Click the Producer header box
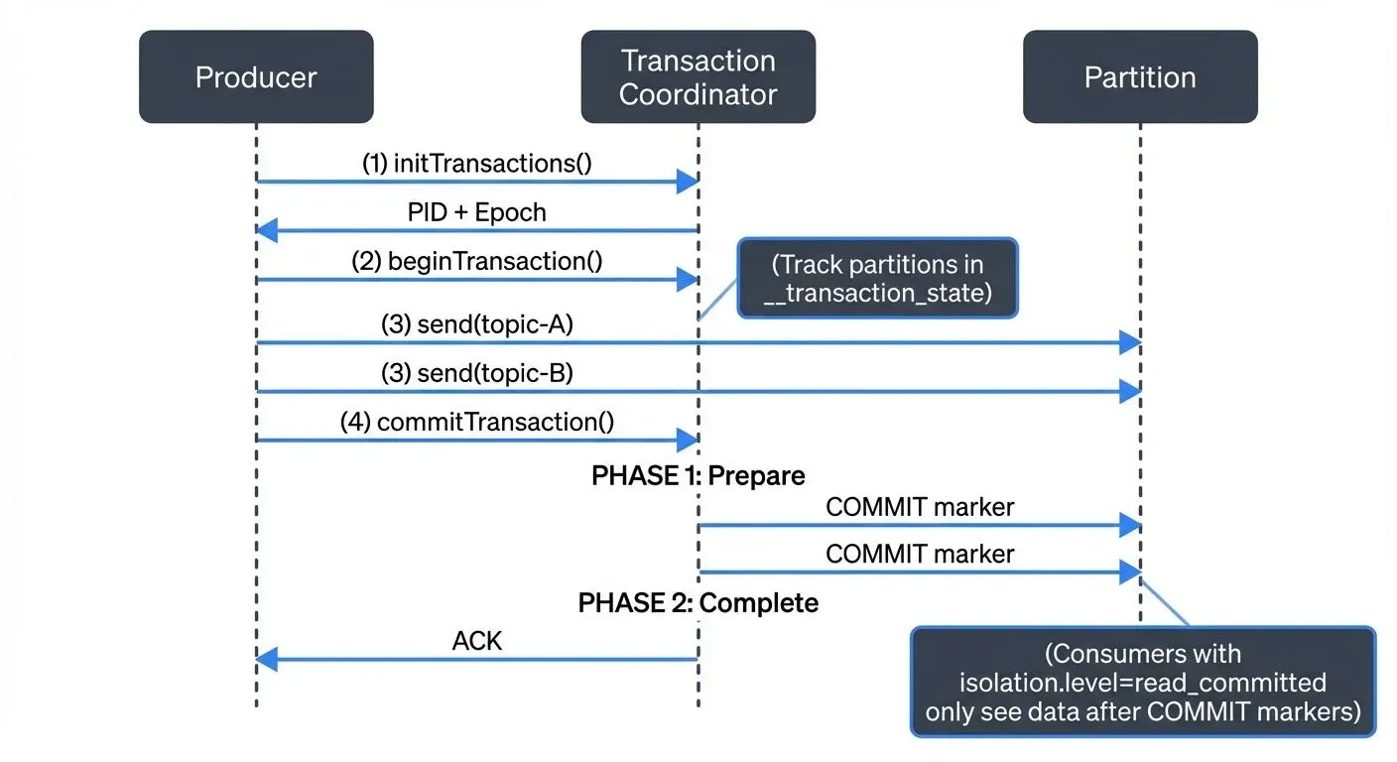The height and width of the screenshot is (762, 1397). click(x=256, y=77)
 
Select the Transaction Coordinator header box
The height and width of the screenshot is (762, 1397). click(x=698, y=77)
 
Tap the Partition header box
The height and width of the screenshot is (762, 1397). click(x=1140, y=77)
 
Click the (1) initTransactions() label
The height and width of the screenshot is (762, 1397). click(x=476, y=163)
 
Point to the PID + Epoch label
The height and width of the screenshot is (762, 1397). click(x=476, y=212)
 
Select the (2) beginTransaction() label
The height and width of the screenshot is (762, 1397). click(x=476, y=261)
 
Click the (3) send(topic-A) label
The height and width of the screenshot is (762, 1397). click(x=476, y=324)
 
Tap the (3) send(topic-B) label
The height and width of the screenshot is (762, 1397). click(x=476, y=373)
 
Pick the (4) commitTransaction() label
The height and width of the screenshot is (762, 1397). click(x=476, y=422)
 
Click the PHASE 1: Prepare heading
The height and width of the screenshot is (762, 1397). click(x=698, y=475)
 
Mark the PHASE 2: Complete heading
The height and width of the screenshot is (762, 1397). click(x=698, y=602)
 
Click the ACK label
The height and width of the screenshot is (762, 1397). click(x=476, y=641)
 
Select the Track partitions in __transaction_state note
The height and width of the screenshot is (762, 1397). click(x=877, y=278)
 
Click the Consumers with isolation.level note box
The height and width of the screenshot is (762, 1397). click(x=1142, y=683)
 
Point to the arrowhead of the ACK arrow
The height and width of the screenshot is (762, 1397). click(x=266, y=659)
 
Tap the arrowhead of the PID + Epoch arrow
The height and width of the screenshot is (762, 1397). click(x=266, y=231)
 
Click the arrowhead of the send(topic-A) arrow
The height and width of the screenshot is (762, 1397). click(x=1130, y=342)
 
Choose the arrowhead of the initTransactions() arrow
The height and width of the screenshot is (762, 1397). click(x=688, y=182)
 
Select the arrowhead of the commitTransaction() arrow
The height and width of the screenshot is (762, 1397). click(x=688, y=440)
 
